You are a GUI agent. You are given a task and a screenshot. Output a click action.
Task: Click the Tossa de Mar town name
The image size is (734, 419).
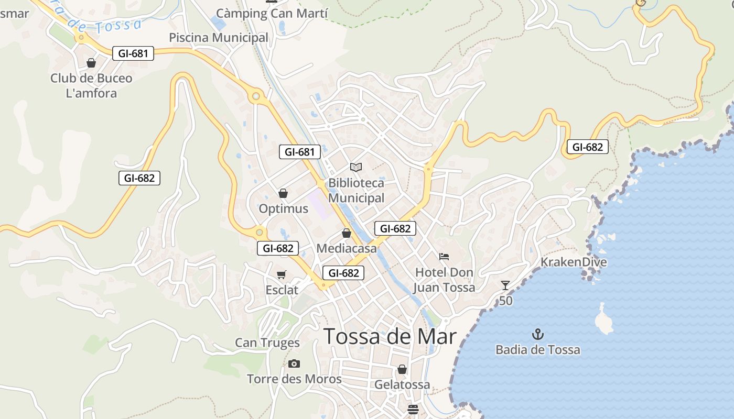(x=390, y=336)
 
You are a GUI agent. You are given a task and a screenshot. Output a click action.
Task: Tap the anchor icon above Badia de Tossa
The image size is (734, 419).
(x=537, y=334)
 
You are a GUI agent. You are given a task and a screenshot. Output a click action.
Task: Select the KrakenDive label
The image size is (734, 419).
(x=574, y=262)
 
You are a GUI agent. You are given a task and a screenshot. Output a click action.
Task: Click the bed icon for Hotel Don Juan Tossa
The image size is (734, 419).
(x=444, y=257)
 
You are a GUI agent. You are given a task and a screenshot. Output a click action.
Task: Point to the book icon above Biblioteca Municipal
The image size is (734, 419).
(x=356, y=167)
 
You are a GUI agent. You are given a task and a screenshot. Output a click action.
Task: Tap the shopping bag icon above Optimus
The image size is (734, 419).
(x=283, y=193)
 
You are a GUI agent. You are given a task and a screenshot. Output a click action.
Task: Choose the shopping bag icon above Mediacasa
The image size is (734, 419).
(x=346, y=233)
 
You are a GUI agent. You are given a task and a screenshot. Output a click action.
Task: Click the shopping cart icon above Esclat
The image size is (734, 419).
(x=282, y=274)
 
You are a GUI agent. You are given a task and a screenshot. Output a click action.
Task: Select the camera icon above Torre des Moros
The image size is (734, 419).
(x=294, y=363)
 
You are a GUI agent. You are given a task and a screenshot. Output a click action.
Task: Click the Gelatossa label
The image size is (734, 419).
(x=402, y=384)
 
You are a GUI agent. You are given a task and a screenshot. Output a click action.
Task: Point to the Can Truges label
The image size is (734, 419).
(x=267, y=343)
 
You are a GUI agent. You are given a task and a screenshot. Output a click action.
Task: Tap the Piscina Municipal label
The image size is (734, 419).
(x=219, y=38)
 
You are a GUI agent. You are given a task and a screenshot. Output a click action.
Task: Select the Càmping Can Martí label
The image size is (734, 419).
(x=272, y=14)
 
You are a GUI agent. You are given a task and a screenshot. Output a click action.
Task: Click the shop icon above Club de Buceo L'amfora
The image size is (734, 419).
(x=91, y=63)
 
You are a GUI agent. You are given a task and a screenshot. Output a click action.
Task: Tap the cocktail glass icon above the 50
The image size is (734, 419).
(x=505, y=285)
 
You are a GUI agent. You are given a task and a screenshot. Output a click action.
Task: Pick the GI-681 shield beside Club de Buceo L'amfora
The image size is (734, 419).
(x=133, y=53)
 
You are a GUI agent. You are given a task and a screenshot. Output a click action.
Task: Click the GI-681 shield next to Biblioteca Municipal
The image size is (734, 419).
(x=299, y=152)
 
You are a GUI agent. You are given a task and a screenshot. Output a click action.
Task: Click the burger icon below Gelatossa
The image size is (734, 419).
(x=413, y=409)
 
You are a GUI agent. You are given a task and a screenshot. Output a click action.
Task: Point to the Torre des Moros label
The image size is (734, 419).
(x=294, y=379)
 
